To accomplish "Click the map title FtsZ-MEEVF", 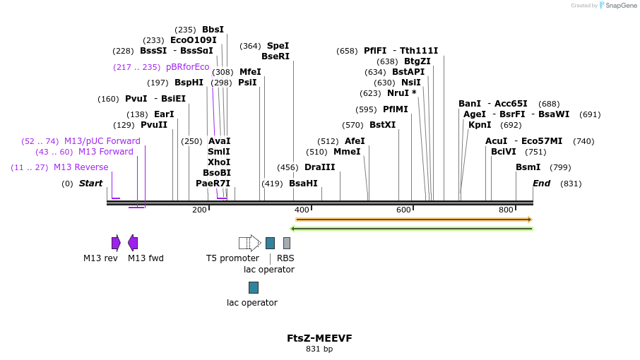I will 319,338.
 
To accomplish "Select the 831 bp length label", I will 319,349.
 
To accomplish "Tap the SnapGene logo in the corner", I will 615,6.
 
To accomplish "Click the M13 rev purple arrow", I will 116,243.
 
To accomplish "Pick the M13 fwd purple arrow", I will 133,243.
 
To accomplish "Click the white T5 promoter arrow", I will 249,243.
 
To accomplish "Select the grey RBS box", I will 287,243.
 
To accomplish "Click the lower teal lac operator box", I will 254,287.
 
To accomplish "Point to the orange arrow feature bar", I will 413,220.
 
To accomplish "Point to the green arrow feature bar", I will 413,228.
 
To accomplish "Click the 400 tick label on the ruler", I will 302,210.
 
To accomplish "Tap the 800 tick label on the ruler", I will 506,210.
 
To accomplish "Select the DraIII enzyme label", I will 319,167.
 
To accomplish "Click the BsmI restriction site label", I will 528,167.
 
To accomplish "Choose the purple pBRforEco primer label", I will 187,67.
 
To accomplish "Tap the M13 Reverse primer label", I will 81,167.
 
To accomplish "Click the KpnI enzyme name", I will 480,125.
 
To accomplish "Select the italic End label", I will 541,184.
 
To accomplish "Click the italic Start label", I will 90,184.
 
